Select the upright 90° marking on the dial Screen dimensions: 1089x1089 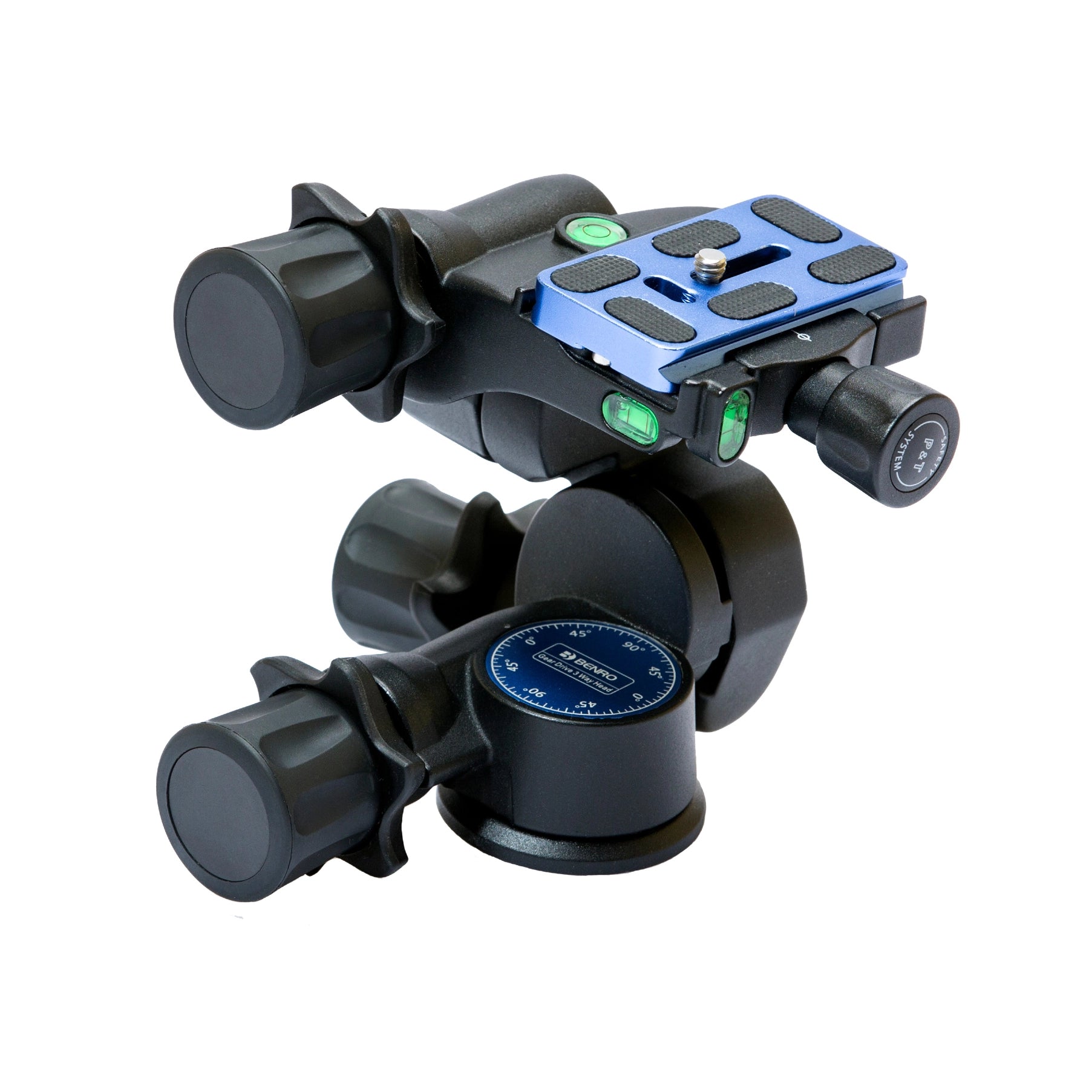[x=635, y=647]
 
